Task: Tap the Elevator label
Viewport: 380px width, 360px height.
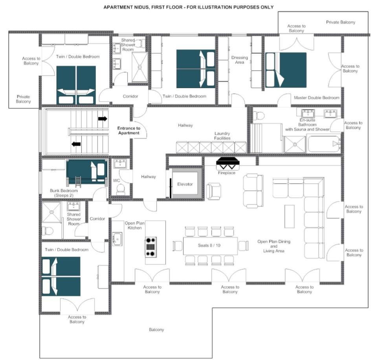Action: pyautogui.click(x=185, y=184)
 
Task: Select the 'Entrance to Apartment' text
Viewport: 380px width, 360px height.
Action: pyautogui.click(x=129, y=131)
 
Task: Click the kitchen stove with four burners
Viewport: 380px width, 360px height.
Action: pyautogui.click(x=151, y=247)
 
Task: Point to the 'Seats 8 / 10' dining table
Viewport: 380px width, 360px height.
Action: pyautogui.click(x=210, y=246)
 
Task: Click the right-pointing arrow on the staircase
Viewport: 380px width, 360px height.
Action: pyautogui.click(x=103, y=119)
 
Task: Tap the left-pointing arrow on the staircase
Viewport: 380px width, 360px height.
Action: pyautogui.click(x=76, y=144)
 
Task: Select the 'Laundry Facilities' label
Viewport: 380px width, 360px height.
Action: pyautogui.click(x=222, y=136)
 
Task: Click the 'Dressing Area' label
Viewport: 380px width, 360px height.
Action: pyautogui.click(x=240, y=60)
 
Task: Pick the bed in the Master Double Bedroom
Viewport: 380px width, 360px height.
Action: pyautogui.click(x=286, y=70)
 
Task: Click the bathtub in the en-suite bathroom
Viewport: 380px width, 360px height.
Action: pyautogui.click(x=324, y=144)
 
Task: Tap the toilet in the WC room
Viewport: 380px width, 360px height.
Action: pyautogui.click(x=121, y=189)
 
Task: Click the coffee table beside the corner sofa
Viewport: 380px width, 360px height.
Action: pyautogui.click(x=290, y=216)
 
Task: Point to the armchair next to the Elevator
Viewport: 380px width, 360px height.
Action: pyautogui.click(x=214, y=191)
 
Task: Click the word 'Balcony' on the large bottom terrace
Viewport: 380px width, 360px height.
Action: pyautogui.click(x=156, y=330)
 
